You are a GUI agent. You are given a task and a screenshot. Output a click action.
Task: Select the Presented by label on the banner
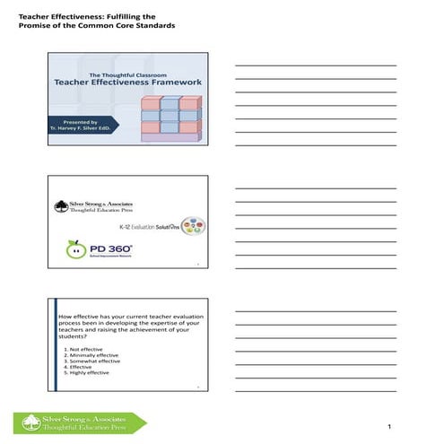[x=82, y=120]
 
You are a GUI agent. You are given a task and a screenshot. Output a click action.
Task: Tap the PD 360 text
[x=109, y=248]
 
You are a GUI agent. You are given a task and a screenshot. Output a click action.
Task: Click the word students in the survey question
[x=73, y=335]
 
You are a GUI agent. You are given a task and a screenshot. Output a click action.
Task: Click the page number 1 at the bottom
[x=391, y=425]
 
